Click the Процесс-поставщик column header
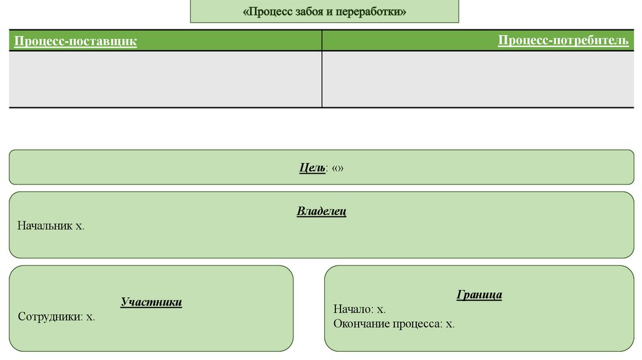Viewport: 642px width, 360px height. (75, 41)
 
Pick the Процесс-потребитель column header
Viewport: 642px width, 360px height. (563, 41)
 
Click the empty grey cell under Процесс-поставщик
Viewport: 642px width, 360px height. (165, 79)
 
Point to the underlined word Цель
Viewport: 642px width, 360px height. (312, 168)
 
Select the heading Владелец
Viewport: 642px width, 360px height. (321, 211)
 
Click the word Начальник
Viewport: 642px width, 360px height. (45, 226)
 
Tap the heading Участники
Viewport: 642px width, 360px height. (151, 302)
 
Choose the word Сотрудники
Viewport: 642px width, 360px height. (50, 317)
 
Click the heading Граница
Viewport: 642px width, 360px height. (479, 295)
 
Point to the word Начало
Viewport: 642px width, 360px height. (353, 309)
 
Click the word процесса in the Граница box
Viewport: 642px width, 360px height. (417, 324)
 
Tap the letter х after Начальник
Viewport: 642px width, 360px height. (79, 226)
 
